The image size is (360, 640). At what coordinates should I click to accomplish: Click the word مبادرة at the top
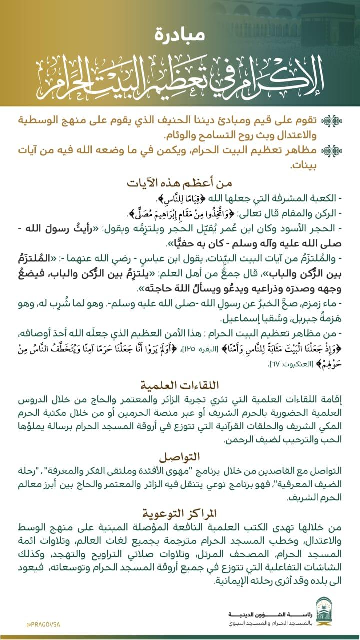(x=179, y=35)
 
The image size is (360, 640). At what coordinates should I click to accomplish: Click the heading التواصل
(x=179, y=443)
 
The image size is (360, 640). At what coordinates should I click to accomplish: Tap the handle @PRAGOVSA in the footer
(x=43, y=625)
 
